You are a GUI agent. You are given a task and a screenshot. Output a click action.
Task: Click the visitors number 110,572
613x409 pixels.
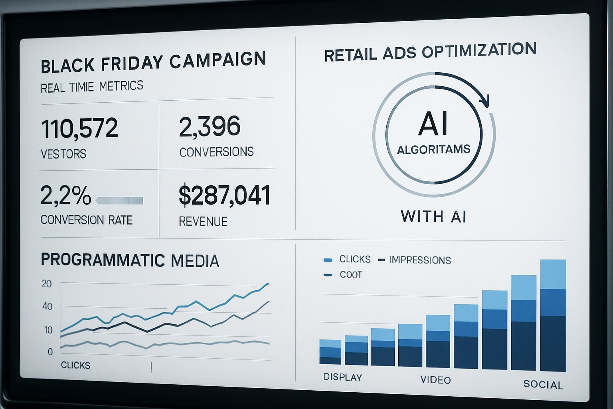point(79,128)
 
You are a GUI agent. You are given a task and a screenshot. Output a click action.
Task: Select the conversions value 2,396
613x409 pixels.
point(210,127)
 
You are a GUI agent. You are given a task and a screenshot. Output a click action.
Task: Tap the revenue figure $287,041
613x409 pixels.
point(224,195)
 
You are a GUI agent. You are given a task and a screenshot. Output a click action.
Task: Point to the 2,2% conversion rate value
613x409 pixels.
point(65,195)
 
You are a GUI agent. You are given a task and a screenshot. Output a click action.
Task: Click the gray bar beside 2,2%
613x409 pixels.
point(119,201)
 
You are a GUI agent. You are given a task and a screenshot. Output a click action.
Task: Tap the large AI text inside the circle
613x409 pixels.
point(433,124)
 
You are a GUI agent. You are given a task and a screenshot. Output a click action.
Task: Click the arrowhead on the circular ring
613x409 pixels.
point(484,101)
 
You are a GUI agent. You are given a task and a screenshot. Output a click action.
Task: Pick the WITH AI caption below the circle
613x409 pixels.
point(433,216)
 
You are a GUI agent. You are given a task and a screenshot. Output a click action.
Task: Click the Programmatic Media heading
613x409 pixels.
point(130,260)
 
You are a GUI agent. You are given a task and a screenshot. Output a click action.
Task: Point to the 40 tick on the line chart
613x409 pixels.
point(47,307)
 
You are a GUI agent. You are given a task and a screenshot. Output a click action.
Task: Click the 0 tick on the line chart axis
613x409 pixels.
point(50,352)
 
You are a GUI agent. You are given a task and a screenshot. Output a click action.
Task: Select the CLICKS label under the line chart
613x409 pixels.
point(75,365)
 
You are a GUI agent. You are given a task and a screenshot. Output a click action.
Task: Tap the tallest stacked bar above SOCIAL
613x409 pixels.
point(553,316)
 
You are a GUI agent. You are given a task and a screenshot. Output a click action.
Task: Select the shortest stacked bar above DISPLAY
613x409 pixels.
point(330,352)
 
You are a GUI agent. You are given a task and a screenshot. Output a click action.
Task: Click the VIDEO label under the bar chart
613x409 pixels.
point(435,380)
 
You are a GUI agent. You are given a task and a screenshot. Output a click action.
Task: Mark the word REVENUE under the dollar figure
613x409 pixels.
point(203,222)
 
